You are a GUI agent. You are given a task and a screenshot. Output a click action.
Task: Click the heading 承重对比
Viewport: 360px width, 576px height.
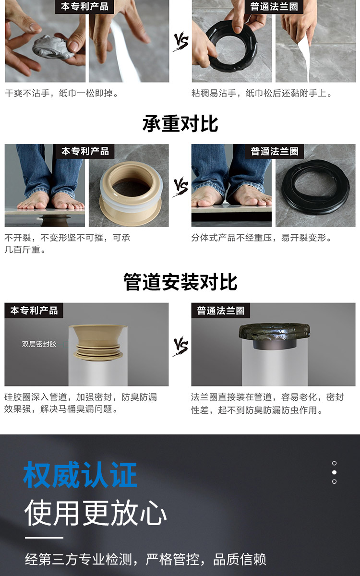pyautogui.click(x=180, y=124)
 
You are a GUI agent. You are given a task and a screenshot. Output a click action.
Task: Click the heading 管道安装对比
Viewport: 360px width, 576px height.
pyautogui.click(x=180, y=282)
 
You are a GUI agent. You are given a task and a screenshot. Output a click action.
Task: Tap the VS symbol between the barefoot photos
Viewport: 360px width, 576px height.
pyautogui.click(x=181, y=186)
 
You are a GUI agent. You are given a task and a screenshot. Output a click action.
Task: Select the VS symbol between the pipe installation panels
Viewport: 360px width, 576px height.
pyautogui.click(x=180, y=346)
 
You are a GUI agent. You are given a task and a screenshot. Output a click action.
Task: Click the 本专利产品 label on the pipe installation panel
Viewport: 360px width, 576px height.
pyautogui.click(x=34, y=311)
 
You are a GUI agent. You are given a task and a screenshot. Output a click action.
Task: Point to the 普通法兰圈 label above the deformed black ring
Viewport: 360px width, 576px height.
pyautogui.click(x=275, y=151)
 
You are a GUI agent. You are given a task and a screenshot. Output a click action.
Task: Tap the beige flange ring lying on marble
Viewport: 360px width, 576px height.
pyautogui.click(x=131, y=193)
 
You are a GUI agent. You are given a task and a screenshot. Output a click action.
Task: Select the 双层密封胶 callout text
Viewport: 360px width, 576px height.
pyautogui.click(x=39, y=344)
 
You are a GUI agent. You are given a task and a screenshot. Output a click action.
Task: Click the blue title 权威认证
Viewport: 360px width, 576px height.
pyautogui.click(x=80, y=474)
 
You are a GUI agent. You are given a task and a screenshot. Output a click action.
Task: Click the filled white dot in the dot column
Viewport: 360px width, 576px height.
pyautogui.click(x=334, y=472)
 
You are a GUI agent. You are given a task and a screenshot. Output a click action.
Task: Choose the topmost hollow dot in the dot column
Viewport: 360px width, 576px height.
pyautogui.click(x=334, y=463)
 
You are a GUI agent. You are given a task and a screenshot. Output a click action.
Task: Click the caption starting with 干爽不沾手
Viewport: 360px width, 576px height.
pyautogui.click(x=62, y=93)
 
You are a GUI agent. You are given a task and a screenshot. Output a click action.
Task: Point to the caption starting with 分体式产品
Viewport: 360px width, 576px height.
pyautogui.click(x=261, y=238)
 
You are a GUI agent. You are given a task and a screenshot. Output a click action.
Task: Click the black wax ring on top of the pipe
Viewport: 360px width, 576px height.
pyautogui.click(x=275, y=331)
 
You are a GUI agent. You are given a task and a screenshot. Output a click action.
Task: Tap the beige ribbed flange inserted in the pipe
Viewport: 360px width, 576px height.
pyautogui.click(x=98, y=343)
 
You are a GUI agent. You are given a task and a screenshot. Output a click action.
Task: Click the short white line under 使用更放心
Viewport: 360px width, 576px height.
pyautogui.click(x=44, y=538)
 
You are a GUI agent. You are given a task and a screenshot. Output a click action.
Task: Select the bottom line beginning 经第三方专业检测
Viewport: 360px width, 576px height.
pyautogui.click(x=145, y=559)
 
